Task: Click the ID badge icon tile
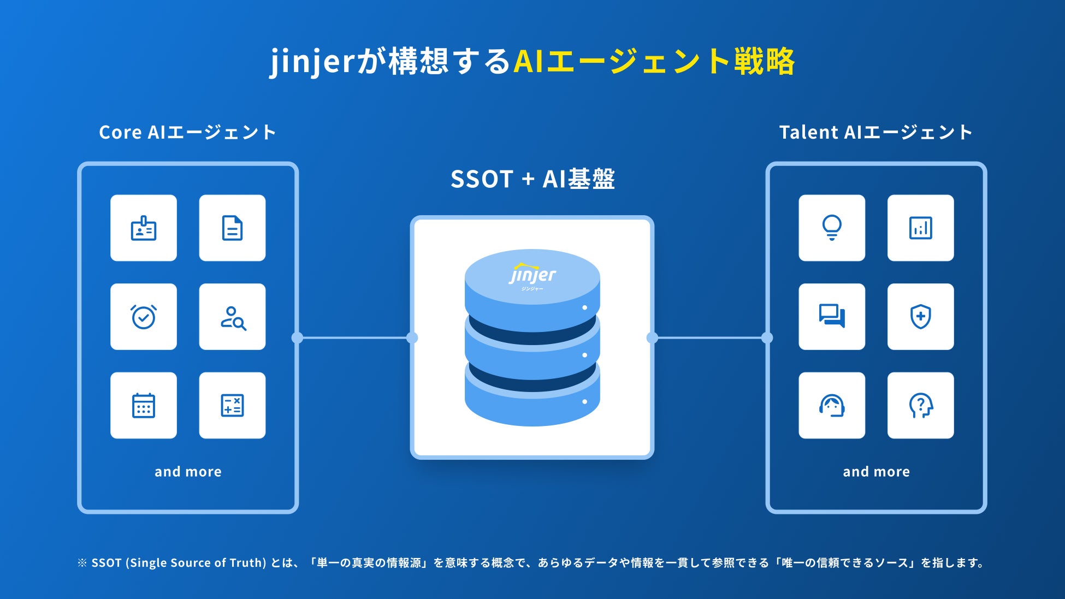tap(144, 228)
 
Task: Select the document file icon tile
tap(232, 228)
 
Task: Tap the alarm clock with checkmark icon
tap(144, 317)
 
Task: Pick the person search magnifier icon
tap(232, 317)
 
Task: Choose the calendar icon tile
tap(144, 405)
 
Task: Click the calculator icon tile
tap(232, 405)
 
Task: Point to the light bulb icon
tap(832, 228)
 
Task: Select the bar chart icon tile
tap(920, 228)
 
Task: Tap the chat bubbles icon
tap(832, 317)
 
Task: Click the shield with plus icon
tap(920, 317)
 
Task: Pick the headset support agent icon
tap(832, 405)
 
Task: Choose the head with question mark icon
tap(920, 405)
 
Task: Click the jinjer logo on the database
tap(532, 276)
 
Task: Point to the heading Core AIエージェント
tap(187, 132)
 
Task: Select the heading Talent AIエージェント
tap(875, 132)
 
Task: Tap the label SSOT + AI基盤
tap(532, 179)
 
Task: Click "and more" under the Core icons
tap(188, 472)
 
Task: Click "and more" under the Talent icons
tap(876, 472)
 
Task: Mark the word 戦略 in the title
tap(764, 61)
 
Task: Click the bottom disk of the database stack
tap(532, 407)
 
